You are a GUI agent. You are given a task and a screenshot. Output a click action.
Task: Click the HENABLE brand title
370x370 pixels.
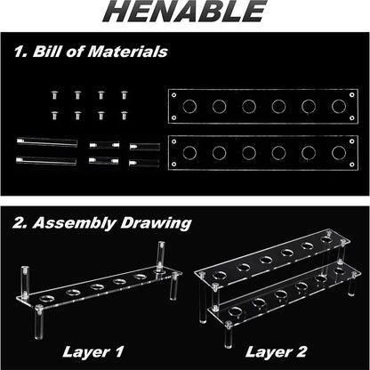coord(185,11)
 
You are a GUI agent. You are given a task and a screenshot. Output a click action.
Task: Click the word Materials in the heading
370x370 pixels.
coord(128,52)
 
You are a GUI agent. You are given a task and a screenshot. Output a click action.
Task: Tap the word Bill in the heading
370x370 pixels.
coord(46,52)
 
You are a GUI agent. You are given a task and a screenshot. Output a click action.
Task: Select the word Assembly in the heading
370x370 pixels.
coord(74,223)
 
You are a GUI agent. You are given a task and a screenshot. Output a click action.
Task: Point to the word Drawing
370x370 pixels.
coord(156,223)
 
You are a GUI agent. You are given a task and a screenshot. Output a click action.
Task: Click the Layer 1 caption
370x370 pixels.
coord(93,352)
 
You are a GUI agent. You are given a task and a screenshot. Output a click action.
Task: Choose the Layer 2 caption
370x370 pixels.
coord(276,352)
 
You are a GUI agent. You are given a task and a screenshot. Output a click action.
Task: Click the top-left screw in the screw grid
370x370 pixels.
coord(54,95)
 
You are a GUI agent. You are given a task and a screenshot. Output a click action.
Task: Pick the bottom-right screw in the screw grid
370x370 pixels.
coord(125,116)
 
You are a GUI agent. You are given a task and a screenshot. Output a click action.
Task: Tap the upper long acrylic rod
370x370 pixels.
coord(47,142)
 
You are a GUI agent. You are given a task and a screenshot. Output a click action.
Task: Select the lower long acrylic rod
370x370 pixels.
coord(46,161)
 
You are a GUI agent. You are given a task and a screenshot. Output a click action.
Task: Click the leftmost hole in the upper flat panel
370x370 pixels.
coord(189,107)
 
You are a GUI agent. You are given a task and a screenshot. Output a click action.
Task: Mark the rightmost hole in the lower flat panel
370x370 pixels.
coord(339,153)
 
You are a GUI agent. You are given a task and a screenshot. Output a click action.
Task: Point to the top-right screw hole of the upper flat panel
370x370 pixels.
coord(352,95)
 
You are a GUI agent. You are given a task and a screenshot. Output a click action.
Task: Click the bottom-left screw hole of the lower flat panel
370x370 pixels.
coord(174,165)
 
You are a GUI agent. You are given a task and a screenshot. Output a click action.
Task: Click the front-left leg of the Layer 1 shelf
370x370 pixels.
coord(39,322)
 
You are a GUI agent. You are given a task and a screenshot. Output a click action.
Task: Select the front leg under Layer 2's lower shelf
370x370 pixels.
coord(228,334)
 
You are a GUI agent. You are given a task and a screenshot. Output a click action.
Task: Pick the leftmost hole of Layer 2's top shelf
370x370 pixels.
coord(219,276)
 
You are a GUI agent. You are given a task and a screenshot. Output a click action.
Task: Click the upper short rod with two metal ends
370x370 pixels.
coord(104,145)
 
